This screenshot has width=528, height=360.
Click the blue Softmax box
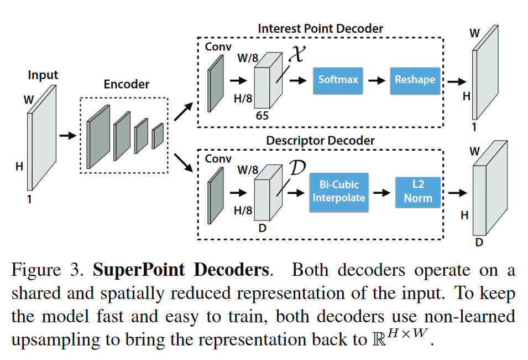tap(338, 79)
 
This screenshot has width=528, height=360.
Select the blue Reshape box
tap(415, 79)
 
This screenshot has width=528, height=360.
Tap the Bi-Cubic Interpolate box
tap(339, 192)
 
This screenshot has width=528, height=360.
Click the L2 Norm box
tap(417, 192)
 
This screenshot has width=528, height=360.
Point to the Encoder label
tap(127, 84)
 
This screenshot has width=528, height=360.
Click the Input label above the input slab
tap(43, 75)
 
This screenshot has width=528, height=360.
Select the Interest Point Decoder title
tap(320, 28)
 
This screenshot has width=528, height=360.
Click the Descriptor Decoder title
tap(320, 141)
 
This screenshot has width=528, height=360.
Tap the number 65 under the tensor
tap(262, 116)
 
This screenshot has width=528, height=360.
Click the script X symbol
tap(296, 55)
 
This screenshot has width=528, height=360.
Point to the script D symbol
tap(297, 168)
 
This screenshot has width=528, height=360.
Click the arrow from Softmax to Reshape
tap(377, 80)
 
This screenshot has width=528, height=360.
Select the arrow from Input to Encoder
tap(67, 135)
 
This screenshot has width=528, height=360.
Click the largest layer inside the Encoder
tap(98, 136)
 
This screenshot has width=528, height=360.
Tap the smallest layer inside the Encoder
tap(158, 136)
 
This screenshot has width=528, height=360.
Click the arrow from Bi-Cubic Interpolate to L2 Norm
tap(380, 192)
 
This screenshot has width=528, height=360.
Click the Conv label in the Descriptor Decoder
tap(218, 159)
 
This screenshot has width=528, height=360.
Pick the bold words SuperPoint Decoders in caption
tap(181, 271)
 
